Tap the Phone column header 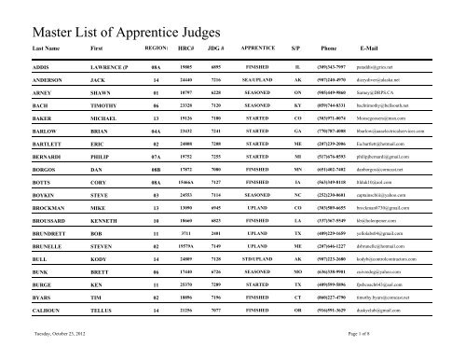click(329, 46)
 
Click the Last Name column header click(50, 46)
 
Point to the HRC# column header click(185, 46)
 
